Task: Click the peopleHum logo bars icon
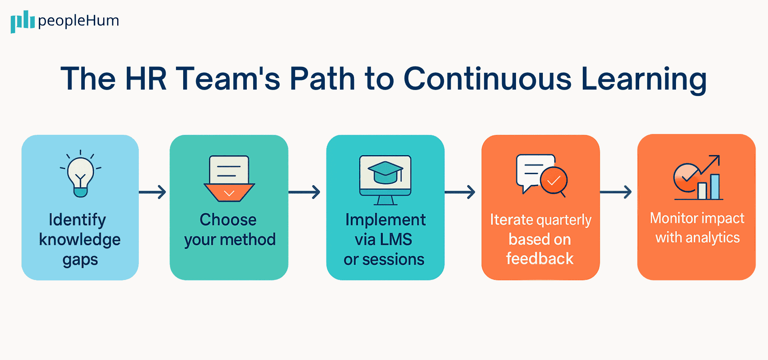22,21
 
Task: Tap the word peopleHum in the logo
78,21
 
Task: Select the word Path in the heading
322,79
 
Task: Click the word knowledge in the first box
80,240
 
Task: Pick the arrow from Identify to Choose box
153,192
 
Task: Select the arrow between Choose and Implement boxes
305,192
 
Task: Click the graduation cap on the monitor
385,172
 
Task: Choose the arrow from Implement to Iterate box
460,192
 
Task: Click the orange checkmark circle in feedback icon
554,181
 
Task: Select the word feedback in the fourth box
540,259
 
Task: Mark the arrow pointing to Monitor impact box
616,192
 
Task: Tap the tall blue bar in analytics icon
715,186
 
